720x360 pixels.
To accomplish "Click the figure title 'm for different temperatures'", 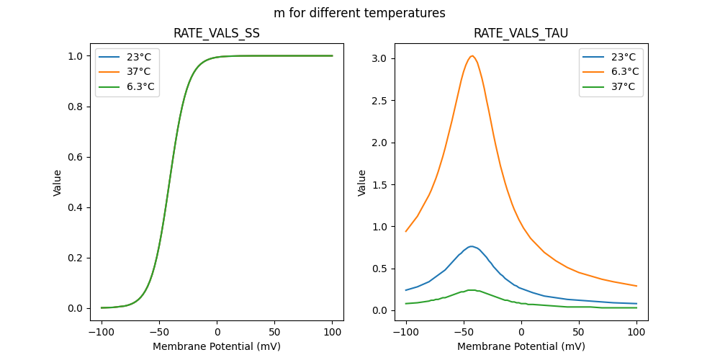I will [x=359, y=13].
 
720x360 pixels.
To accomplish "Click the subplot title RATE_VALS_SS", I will [x=217, y=33].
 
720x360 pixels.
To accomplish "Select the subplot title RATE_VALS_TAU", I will [x=521, y=33].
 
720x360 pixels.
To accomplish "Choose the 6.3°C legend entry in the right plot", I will [x=620, y=71].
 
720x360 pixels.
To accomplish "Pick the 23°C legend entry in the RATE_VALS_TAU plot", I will [x=620, y=56].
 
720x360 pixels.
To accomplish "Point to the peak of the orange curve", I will [x=472, y=56].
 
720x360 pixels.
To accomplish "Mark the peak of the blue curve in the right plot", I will [x=471, y=246].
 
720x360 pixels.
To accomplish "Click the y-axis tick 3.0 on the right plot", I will [x=379, y=58].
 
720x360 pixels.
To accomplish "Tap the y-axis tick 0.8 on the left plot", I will [x=75, y=107].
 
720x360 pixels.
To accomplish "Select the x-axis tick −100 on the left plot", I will [x=102, y=332].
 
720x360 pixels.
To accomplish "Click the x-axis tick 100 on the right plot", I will [x=636, y=332].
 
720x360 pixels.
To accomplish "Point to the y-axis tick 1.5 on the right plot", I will [x=379, y=184].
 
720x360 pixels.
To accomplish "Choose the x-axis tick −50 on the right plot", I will [x=464, y=332].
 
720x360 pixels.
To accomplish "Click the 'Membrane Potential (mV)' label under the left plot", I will [x=217, y=346].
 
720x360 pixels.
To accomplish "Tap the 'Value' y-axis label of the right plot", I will [x=362, y=182].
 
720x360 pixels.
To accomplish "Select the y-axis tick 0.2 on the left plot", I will [x=75, y=258].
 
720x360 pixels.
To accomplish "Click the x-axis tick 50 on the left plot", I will [x=274, y=332].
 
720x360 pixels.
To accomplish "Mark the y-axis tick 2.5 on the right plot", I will [x=379, y=100].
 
